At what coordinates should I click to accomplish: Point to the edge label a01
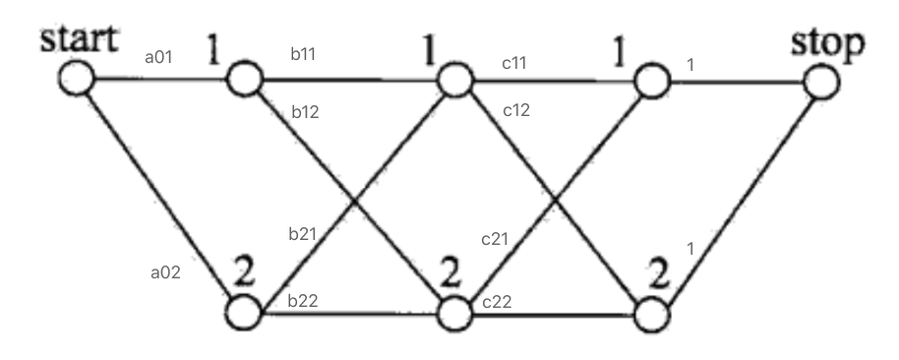tap(158, 58)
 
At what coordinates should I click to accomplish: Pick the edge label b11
tap(305, 55)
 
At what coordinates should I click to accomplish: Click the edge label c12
tap(516, 110)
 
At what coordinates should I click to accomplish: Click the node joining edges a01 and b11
tap(244, 78)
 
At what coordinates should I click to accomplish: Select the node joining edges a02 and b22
tap(244, 313)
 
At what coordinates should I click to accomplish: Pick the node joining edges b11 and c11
tap(454, 80)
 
